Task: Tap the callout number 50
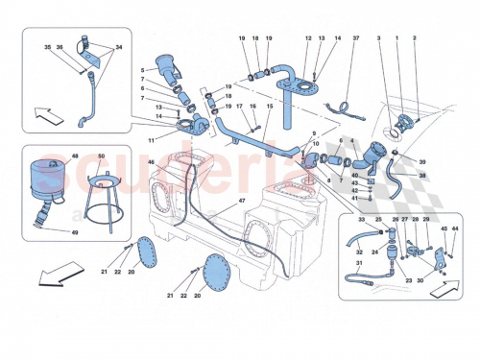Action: [x=101, y=156]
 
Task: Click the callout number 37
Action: [x=354, y=38]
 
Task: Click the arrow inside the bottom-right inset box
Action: [x=440, y=285]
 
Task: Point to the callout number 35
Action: [x=47, y=45]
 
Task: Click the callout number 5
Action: [x=142, y=70]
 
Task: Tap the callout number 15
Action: [x=271, y=107]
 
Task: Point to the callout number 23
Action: [x=409, y=280]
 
